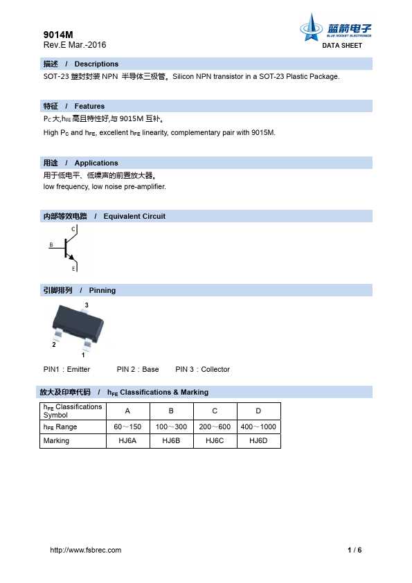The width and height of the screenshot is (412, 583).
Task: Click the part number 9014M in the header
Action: tap(57, 34)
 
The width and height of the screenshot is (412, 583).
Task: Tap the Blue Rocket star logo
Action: tap(310, 28)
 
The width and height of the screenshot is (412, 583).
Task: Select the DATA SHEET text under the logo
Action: tap(342, 46)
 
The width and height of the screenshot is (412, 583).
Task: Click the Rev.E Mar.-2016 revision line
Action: tap(75, 45)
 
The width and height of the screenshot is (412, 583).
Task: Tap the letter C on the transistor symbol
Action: tap(73, 228)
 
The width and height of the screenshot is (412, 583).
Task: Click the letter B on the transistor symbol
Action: tap(51, 245)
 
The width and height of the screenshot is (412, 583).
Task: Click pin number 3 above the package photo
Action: tap(86, 305)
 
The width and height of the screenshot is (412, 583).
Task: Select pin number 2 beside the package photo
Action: tap(53, 343)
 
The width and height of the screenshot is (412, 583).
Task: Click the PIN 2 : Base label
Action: tap(138, 369)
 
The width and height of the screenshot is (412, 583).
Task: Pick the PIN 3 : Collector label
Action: tap(202, 369)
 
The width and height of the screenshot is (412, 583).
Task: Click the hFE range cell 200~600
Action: tap(215, 427)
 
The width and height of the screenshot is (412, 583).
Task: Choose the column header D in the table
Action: tap(258, 411)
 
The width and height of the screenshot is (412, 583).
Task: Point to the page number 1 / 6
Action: tap(355, 550)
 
